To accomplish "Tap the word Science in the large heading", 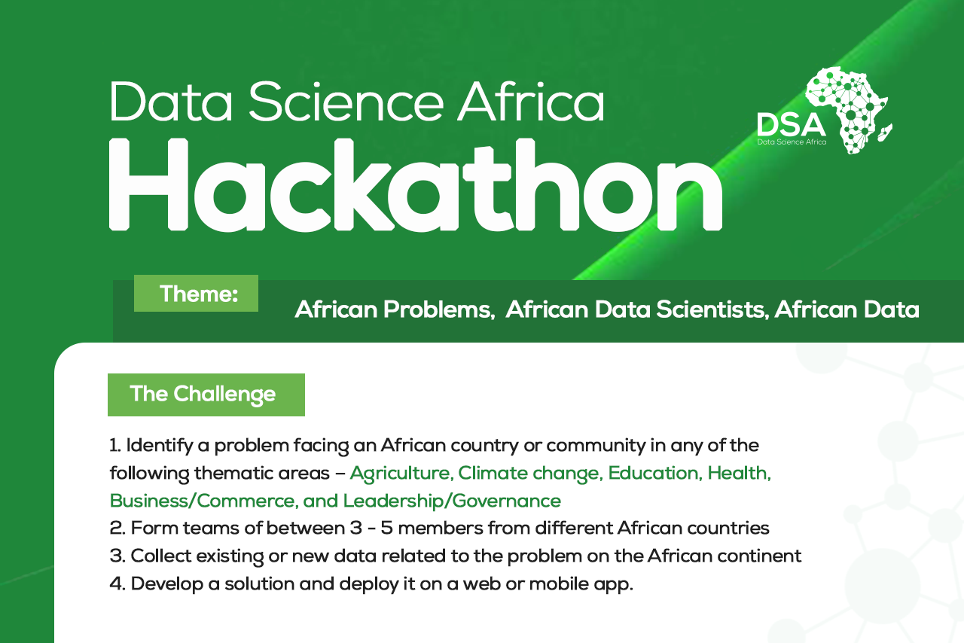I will click(352, 102).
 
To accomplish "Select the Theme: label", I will click(198, 294).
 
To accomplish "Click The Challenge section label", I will click(203, 394).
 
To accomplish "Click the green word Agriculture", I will click(400, 474).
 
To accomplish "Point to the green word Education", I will click(654, 474).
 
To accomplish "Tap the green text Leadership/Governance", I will click(452, 501).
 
